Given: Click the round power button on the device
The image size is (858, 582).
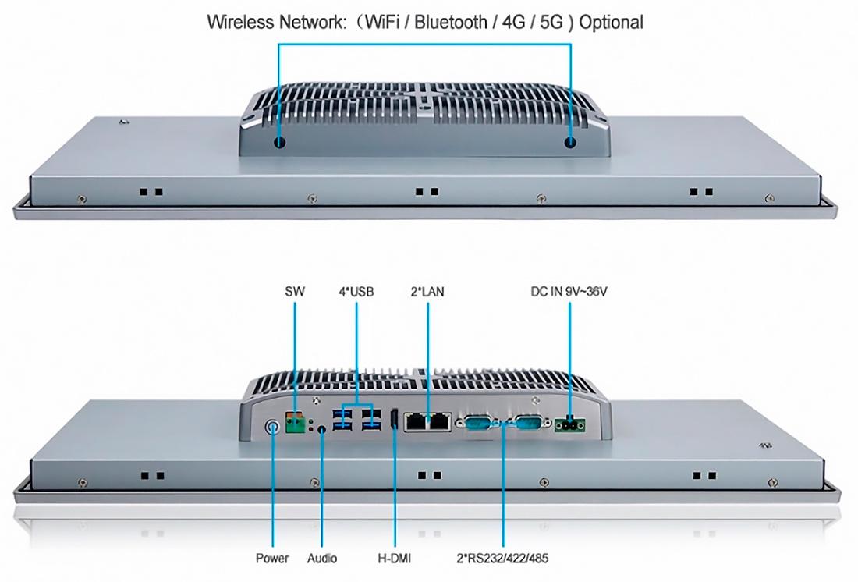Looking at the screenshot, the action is tap(272, 427).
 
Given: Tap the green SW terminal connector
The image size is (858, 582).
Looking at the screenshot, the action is tap(295, 423).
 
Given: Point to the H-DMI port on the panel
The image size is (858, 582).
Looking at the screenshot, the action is tap(393, 420).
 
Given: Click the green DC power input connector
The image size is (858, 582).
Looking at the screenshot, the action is tap(569, 425).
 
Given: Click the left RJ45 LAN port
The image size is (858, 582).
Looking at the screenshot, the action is tap(417, 422).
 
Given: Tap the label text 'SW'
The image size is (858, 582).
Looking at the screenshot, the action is tap(294, 291).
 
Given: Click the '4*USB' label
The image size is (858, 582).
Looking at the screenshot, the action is tap(356, 291).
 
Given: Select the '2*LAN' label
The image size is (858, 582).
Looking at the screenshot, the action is tap(427, 291).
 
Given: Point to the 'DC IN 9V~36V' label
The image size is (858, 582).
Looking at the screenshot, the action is tap(569, 291).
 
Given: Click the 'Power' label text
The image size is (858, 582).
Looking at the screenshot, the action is tap(272, 558).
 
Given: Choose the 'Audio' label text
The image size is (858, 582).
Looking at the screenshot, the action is tap(321, 558).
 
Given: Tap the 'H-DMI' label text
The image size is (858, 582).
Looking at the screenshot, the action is tap(394, 558).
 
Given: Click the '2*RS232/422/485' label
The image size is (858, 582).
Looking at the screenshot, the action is tap(502, 558).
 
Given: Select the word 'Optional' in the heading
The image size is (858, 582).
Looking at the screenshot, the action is tap(612, 23).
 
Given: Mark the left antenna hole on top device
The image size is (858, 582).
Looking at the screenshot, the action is tap(279, 144).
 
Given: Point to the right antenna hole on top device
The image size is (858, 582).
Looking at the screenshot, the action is tap(570, 143).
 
